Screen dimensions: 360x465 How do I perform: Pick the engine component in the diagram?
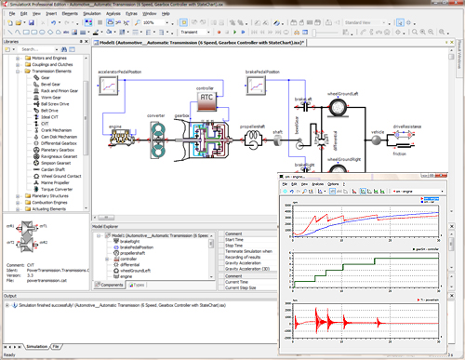pos(116,148)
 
